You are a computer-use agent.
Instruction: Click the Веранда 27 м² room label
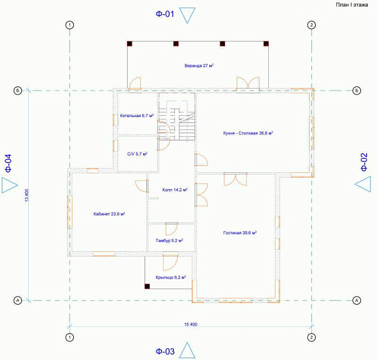tap(199, 65)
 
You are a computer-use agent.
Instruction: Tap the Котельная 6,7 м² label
tap(137, 116)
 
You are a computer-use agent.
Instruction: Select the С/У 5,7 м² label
tap(137, 154)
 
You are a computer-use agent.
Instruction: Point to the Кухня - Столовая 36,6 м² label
tap(248, 133)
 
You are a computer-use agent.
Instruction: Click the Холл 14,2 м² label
tap(175, 190)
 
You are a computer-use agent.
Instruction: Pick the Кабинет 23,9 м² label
tap(109, 214)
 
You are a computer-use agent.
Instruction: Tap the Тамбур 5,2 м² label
tap(169, 241)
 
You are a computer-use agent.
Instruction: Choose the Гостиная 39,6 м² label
tap(240, 233)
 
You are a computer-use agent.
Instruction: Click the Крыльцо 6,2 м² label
tap(170, 278)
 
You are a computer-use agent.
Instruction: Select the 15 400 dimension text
tap(191, 325)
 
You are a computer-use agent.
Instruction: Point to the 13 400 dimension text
tap(26, 196)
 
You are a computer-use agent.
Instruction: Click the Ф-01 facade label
tap(165, 14)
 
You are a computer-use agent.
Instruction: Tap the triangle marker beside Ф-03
tap(187, 350)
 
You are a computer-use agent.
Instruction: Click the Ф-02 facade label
tap(364, 162)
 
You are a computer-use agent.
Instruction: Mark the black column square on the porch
tap(147, 286)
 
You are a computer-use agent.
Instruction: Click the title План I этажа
tap(352, 5)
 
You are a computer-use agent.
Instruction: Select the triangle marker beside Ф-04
tap(10, 185)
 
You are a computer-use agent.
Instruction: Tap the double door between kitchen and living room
tap(235, 179)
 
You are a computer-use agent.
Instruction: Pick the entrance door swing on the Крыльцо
tap(170, 262)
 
